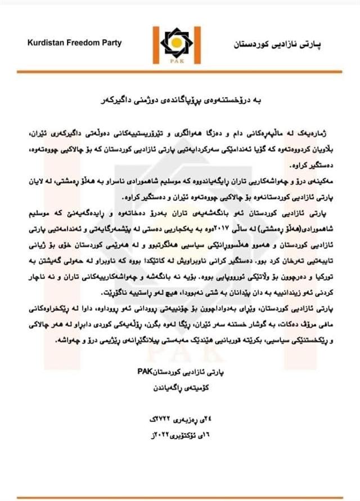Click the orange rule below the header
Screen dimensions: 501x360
[180, 73]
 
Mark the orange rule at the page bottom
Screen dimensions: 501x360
[180, 498]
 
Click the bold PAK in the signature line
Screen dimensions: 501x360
[145, 372]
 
